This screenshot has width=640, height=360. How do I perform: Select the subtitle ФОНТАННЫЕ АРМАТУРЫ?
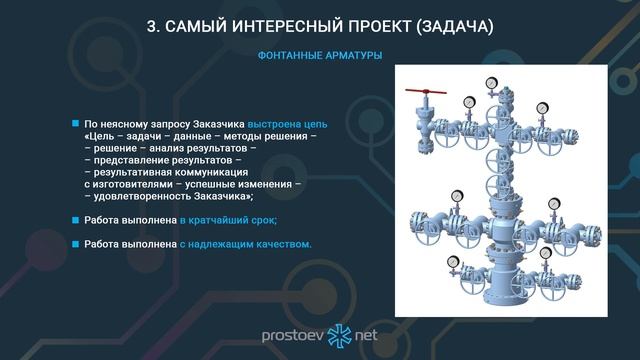tap(320, 54)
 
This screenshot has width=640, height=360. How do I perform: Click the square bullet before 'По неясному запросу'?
tap(75, 122)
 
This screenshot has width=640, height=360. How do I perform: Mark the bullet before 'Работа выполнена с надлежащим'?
tap(75, 244)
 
